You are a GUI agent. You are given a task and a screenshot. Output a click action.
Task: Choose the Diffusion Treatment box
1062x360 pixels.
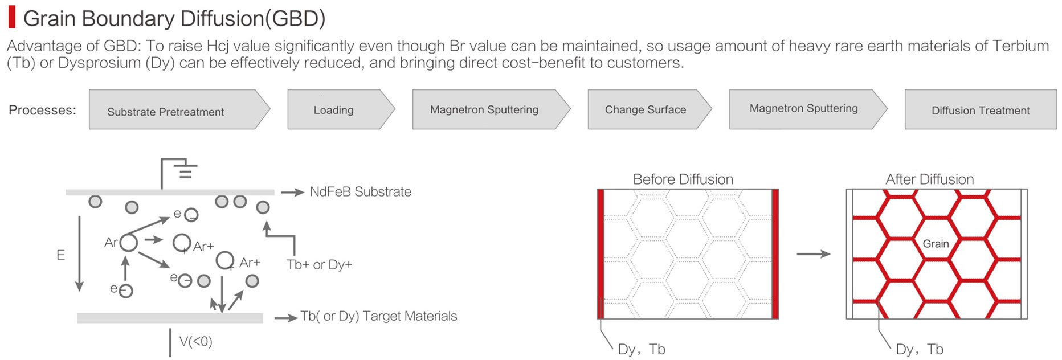tap(981, 109)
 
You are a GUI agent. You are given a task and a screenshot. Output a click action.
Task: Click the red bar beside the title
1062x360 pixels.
tap(11, 18)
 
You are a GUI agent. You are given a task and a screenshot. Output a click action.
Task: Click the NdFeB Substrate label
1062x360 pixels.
tap(360, 192)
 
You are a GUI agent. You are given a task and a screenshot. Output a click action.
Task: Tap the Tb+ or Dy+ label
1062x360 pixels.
tap(319, 264)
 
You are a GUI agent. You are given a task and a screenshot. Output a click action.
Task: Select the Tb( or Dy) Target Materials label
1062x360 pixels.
tap(379, 316)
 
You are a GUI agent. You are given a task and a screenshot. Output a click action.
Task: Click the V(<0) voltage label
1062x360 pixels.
tap(195, 342)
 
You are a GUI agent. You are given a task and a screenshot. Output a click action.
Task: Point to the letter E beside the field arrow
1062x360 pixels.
tap(60, 255)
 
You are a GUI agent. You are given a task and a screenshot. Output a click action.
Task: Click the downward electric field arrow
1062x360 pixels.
tap(80, 253)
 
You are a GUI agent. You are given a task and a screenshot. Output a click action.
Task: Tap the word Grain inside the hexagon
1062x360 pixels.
tap(936, 244)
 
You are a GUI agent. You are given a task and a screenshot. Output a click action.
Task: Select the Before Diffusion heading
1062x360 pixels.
tap(683, 179)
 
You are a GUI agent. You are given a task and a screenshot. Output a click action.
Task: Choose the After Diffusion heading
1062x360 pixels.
tap(930, 179)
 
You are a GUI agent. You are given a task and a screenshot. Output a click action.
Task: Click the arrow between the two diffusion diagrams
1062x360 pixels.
tap(814, 254)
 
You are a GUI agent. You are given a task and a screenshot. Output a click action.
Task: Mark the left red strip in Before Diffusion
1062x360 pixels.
tap(601, 254)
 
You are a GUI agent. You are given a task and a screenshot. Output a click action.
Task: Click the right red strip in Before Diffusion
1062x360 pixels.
tap(775, 254)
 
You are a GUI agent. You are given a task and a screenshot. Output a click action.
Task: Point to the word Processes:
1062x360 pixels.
tap(42, 110)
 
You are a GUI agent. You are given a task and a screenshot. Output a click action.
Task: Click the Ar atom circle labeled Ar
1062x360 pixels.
tap(129, 243)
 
